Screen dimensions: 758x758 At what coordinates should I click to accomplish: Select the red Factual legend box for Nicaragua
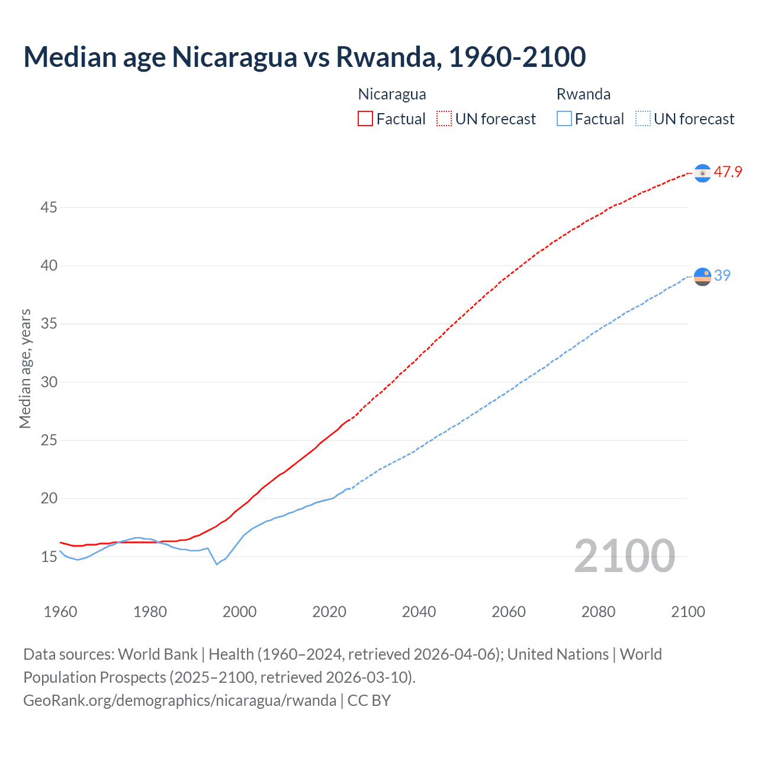(x=365, y=118)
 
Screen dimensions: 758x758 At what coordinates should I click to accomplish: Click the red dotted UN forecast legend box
(x=444, y=118)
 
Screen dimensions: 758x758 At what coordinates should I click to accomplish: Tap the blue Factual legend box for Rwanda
(x=564, y=118)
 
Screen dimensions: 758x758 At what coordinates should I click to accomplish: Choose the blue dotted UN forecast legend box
(x=643, y=118)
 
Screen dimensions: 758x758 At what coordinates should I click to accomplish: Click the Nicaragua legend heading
(x=392, y=94)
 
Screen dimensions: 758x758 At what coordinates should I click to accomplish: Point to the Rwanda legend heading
(x=583, y=94)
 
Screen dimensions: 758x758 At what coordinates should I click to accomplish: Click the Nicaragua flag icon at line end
(x=702, y=173)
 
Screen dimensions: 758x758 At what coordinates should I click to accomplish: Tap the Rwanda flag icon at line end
(x=702, y=277)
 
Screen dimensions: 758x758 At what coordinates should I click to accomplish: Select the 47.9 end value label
(x=728, y=172)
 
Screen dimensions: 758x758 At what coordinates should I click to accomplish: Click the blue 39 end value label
(x=722, y=276)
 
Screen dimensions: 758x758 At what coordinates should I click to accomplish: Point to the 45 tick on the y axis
(x=49, y=208)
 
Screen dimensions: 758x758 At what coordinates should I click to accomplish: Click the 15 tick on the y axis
(x=49, y=557)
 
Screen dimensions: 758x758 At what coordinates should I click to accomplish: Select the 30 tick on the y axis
(x=49, y=383)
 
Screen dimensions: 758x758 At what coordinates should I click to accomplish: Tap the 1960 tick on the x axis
(x=60, y=612)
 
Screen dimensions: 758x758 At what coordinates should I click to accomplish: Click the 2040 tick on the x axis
(x=419, y=612)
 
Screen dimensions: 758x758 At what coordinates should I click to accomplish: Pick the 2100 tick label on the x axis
(x=688, y=612)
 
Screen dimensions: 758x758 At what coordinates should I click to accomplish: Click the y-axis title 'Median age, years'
(x=25, y=368)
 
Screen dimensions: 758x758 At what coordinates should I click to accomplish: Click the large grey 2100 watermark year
(x=624, y=556)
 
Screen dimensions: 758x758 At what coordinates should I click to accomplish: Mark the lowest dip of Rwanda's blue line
(x=217, y=564)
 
